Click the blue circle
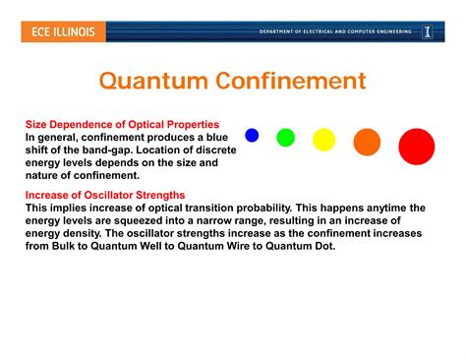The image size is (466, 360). point(252,136)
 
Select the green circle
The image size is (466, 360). point(285,138)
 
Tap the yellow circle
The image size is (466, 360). point(323,140)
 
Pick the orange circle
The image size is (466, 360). point(367,143)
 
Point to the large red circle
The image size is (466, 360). point(416,147)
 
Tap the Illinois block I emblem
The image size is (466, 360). point(428,31)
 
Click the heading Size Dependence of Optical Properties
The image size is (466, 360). point(122,125)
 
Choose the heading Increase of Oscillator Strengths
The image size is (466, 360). point(105,196)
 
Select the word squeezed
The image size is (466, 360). point(138,221)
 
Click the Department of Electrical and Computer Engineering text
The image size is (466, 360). point(334,31)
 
